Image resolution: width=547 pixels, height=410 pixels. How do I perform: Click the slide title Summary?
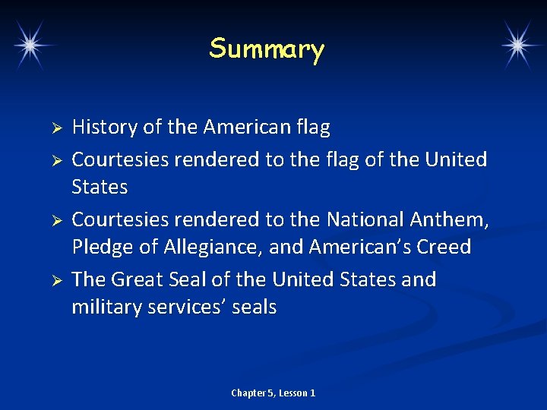267,49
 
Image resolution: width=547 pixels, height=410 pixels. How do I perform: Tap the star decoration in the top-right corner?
517,45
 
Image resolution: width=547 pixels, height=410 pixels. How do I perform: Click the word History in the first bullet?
102,128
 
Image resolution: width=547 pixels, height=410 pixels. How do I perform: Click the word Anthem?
452,220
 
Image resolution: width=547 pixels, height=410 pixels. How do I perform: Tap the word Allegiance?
202,248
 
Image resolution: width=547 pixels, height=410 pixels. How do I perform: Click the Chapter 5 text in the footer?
252,393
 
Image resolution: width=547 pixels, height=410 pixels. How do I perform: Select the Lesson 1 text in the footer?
297,393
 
